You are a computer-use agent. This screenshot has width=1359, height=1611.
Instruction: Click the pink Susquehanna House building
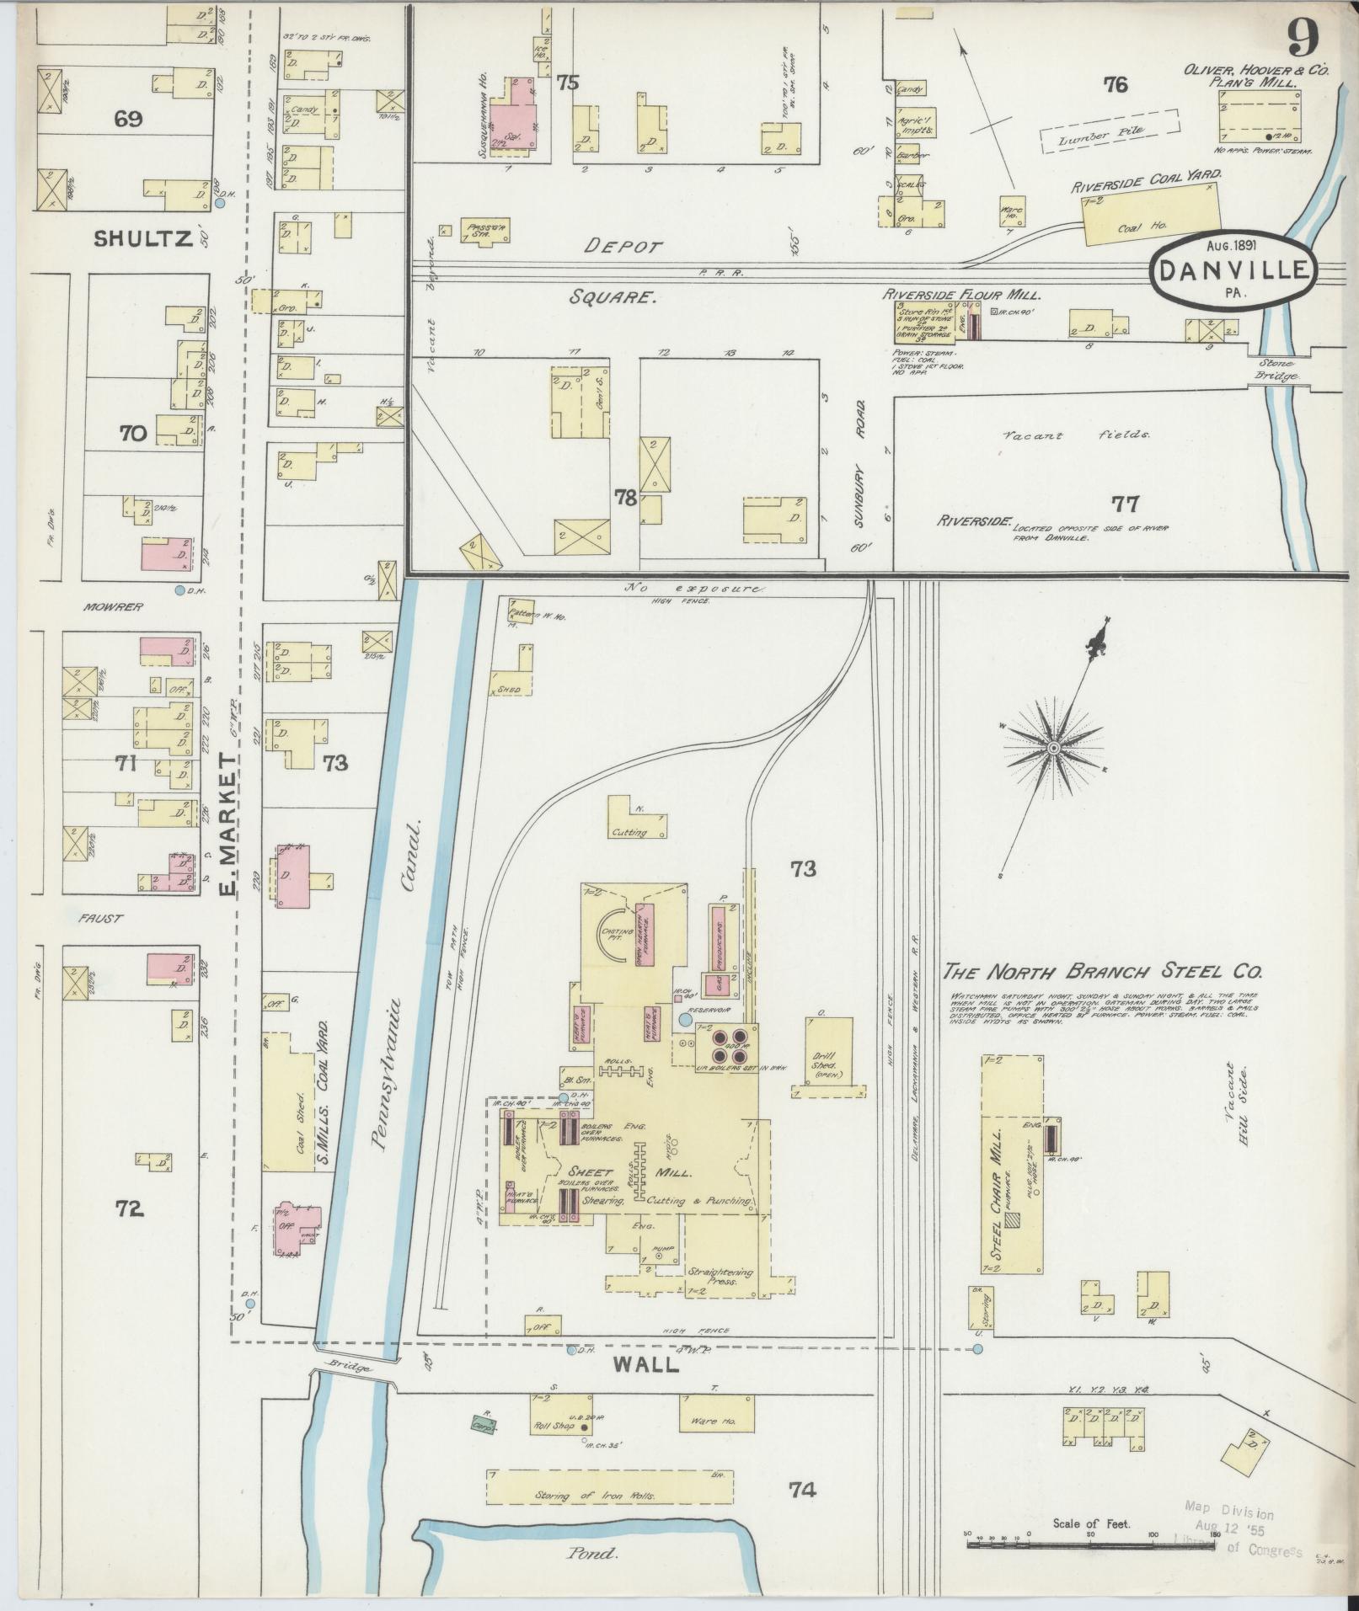[x=514, y=120]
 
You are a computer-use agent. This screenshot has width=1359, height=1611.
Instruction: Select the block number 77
[x=1126, y=504]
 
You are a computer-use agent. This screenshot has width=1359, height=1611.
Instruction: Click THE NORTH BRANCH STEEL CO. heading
[x=1102, y=971]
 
